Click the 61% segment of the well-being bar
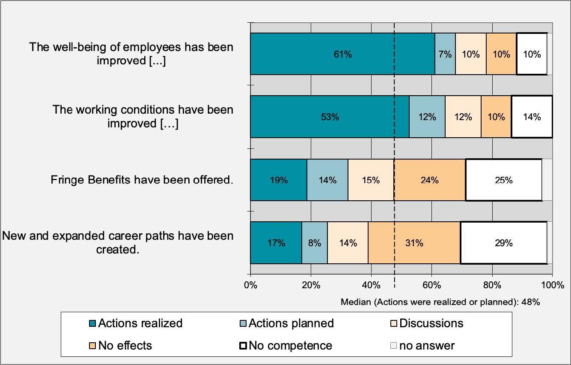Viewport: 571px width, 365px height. (x=342, y=54)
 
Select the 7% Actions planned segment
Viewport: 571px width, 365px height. (x=445, y=54)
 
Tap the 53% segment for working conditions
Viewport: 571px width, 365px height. (x=330, y=117)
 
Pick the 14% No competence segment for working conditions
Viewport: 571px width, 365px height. (x=532, y=117)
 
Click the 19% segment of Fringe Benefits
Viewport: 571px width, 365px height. (x=279, y=180)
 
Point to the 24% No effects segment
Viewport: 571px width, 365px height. (x=429, y=180)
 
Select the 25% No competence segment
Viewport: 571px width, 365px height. (x=503, y=180)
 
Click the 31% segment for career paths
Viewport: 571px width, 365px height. (x=414, y=243)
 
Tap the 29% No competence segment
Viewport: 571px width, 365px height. (x=503, y=243)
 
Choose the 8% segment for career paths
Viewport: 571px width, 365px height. (x=315, y=243)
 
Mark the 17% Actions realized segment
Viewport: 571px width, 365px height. (x=276, y=243)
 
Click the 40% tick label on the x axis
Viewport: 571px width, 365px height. (x=371, y=285)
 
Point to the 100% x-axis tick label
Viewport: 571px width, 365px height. (x=553, y=285)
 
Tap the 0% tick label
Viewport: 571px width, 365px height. (x=250, y=285)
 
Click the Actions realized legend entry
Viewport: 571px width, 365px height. (x=136, y=323)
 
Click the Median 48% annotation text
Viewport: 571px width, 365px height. (x=440, y=302)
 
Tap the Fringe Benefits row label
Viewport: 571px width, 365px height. (x=142, y=179)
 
